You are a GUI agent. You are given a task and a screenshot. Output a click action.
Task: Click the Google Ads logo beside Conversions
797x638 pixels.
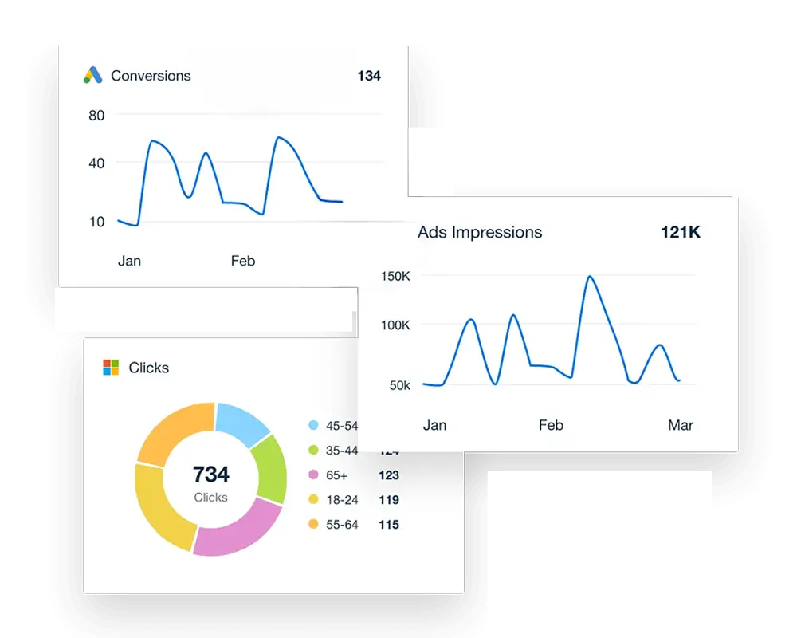[x=93, y=76]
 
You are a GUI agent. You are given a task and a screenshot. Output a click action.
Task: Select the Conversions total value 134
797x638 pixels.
[x=369, y=76]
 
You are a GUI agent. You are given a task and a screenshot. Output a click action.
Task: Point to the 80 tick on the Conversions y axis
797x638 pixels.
[x=96, y=116]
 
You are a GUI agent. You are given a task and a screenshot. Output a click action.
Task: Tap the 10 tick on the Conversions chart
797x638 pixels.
[x=96, y=222]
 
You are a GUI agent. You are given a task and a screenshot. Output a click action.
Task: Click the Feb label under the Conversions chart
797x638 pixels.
[x=243, y=261]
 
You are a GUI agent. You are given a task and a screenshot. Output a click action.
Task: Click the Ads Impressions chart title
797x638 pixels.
[x=480, y=233]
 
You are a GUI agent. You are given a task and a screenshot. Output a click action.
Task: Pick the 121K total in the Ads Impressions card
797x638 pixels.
[x=681, y=233]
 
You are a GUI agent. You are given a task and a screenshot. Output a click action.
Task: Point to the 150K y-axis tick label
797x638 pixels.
[x=395, y=277]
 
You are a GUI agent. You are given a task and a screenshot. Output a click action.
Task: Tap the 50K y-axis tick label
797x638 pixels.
[x=398, y=385]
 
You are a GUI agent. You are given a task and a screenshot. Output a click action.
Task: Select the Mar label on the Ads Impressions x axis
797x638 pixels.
[x=681, y=425]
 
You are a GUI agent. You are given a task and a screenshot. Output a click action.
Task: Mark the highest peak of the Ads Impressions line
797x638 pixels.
[x=590, y=277]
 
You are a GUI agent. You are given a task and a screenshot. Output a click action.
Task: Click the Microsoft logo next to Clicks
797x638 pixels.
[x=111, y=368]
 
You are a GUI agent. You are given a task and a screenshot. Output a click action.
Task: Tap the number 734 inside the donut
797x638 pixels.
[x=210, y=475]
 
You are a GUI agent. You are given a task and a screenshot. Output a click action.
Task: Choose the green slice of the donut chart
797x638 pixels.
[x=269, y=468]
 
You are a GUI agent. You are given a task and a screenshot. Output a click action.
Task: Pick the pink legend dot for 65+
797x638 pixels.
[x=313, y=475]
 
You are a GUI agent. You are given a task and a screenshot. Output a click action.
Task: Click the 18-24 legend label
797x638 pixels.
[x=341, y=500]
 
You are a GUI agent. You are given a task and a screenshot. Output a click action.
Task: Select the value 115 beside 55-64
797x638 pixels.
[x=388, y=525]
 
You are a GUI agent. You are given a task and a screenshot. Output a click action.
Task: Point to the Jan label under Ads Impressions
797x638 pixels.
[x=434, y=425]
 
